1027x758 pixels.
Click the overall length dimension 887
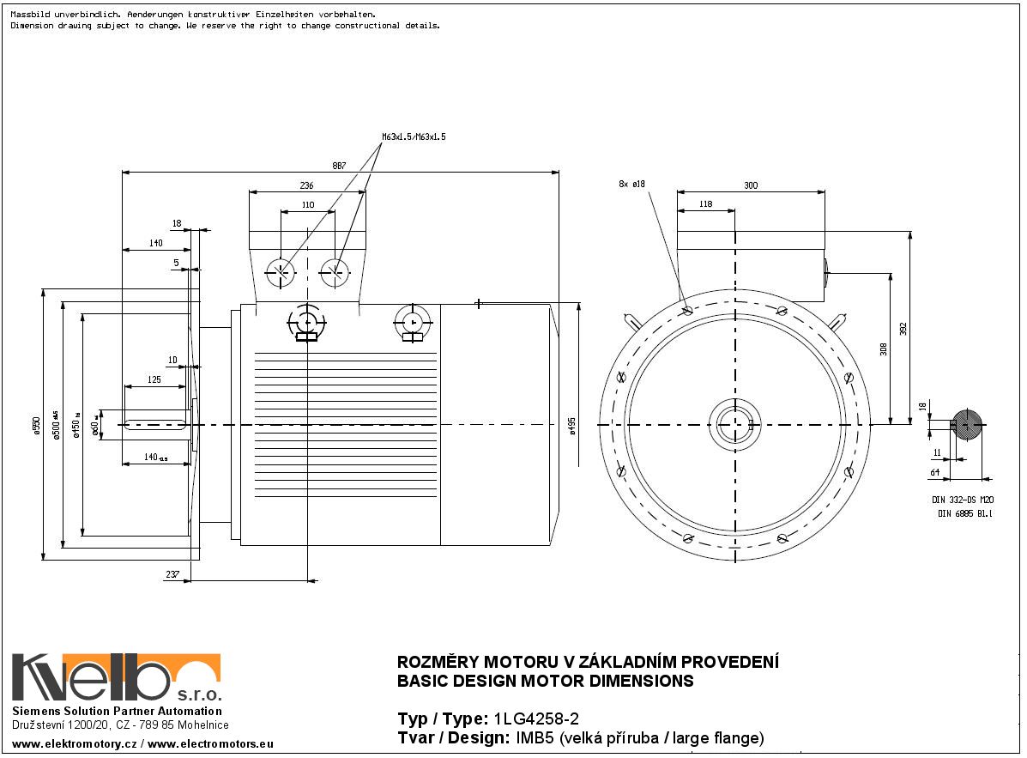tap(340, 166)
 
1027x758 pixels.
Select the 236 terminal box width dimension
tap(306, 185)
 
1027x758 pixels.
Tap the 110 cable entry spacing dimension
tap(308, 205)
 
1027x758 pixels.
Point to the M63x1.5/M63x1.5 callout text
tap(414, 136)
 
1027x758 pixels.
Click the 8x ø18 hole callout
tap(631, 184)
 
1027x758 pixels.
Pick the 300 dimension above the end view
tap(751, 185)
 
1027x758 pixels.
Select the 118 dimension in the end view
tap(706, 204)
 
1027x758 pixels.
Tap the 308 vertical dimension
tap(883, 349)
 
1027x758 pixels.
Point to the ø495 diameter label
tap(572, 427)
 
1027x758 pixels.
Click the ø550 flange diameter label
tap(36, 426)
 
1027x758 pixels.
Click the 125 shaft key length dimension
tap(154, 379)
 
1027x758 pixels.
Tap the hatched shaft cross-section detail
tap(967, 425)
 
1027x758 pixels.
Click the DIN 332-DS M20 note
tap(962, 500)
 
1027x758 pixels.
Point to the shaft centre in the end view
tap(735, 425)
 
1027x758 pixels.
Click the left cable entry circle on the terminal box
tap(281, 272)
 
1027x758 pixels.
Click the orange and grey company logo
tap(116, 677)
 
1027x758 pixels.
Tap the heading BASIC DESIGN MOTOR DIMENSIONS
tap(545, 682)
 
